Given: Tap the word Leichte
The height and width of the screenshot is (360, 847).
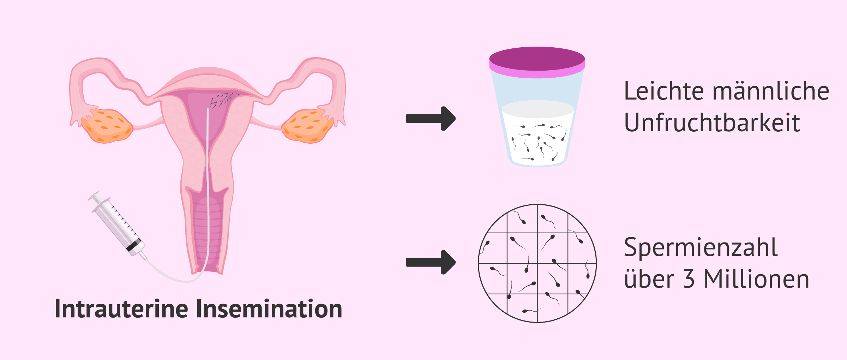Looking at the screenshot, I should pos(664,91).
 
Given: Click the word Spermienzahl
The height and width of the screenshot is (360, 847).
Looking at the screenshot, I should pos(701,248).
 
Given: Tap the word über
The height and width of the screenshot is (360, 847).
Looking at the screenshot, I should pos(649,279).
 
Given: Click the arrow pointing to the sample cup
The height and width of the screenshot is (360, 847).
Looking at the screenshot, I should pos(431,119).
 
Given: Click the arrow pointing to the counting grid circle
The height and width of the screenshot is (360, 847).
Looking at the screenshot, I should pos(431,262).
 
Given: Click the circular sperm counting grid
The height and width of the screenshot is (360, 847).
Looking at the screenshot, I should pos(537,263).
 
